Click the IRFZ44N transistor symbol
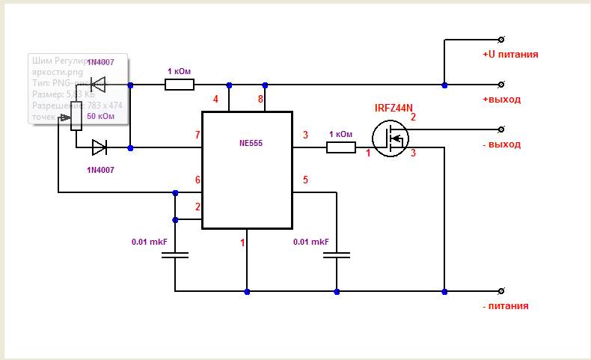(390, 139)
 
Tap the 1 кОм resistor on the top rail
(180, 85)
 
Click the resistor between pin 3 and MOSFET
(341, 147)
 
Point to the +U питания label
(510, 55)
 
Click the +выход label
(502, 100)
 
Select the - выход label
(502, 144)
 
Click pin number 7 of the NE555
(197, 135)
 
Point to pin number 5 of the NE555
(304, 180)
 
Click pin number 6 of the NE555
(197, 180)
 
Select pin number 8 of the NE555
(261, 99)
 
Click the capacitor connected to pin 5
(337, 256)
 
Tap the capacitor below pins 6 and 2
(175, 256)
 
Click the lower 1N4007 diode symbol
(99, 147)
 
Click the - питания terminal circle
(500, 290)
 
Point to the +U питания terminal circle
(500, 39)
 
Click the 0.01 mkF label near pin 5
(311, 242)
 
